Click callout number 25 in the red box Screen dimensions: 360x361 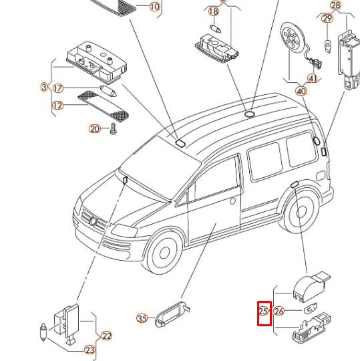[263, 312]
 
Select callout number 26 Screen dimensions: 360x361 [279, 312]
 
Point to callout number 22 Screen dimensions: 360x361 [106, 336]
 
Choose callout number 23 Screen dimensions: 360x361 [89, 350]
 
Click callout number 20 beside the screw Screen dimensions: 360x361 [95, 129]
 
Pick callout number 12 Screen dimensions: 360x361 [57, 106]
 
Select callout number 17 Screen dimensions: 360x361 [57, 88]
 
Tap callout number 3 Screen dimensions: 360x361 [44, 87]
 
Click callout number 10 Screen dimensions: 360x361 [154, 7]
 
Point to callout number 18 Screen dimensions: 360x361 [214, 11]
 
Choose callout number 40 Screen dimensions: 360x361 [301, 91]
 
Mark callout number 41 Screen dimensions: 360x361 [313, 78]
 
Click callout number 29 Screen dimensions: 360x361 [327, 19]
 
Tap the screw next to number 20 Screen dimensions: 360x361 [113, 129]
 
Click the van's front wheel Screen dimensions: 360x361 [164, 253]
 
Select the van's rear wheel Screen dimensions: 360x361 [301, 213]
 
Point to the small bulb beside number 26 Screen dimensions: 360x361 [311, 308]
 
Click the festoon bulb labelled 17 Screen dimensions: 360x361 [108, 91]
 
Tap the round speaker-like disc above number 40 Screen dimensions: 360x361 [293, 37]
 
